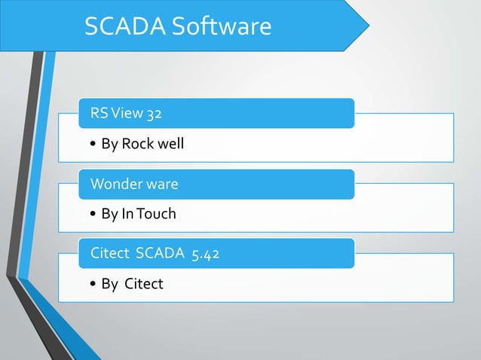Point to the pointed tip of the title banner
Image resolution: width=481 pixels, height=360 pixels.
coord(368,25)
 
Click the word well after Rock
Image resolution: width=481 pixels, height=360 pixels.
coord(170,144)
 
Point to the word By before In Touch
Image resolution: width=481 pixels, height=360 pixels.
coord(109,214)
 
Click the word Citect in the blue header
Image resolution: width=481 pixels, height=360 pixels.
coord(109,254)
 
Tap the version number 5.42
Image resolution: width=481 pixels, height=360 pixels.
coord(206,254)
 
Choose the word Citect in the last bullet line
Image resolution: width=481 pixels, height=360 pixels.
coord(144,284)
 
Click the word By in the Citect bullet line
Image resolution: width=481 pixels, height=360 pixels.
coord(109,284)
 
